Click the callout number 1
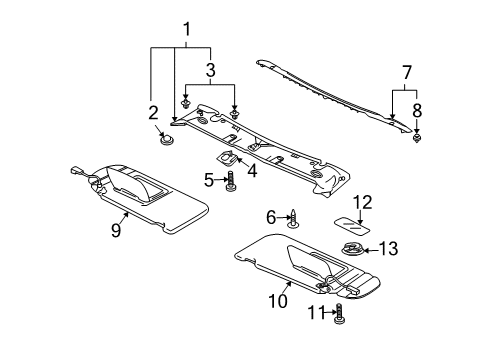click(187, 29)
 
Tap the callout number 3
click(210, 70)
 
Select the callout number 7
click(406, 73)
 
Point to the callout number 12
click(362, 203)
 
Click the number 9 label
click(116, 230)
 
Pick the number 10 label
click(278, 301)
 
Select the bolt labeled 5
click(230, 181)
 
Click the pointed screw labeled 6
click(293, 220)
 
